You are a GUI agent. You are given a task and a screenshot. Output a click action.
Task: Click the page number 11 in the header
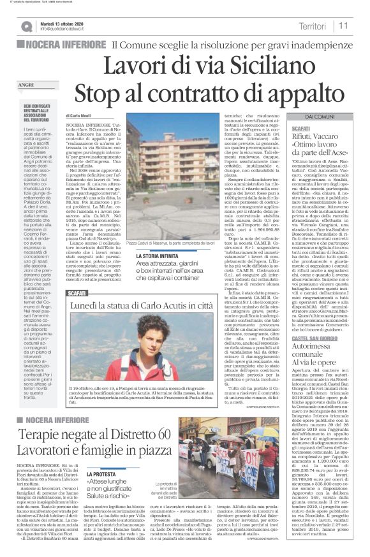344,25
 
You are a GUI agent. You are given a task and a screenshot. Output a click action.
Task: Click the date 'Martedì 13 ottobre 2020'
66,22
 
